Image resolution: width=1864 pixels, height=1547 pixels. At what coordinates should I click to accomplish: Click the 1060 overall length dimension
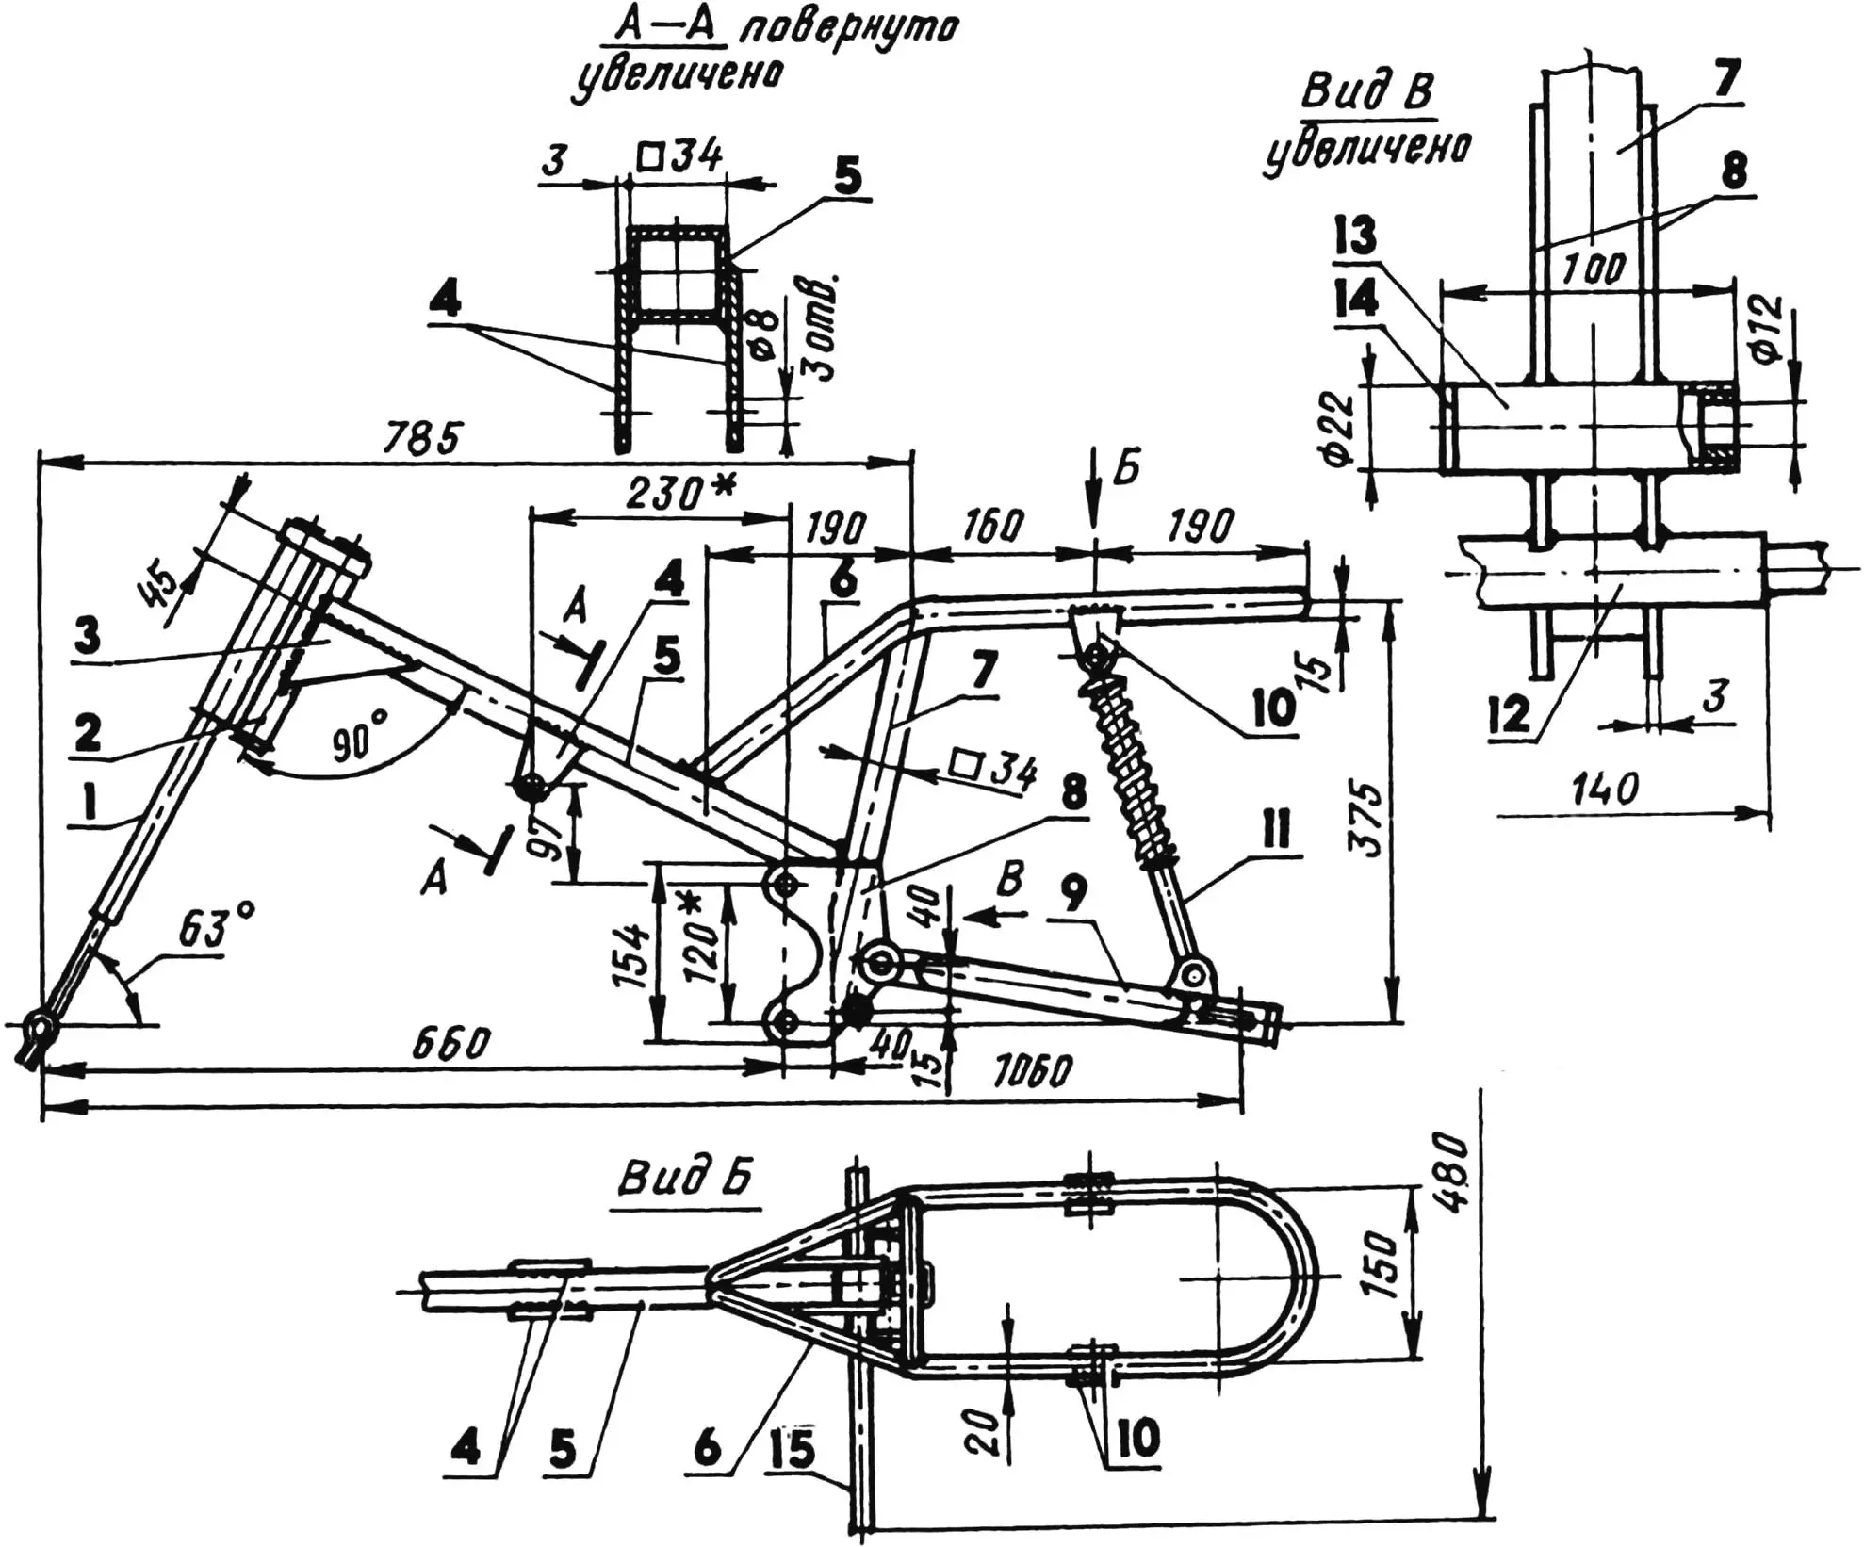1032,1071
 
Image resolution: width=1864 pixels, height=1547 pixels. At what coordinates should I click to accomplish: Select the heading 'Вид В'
1367,92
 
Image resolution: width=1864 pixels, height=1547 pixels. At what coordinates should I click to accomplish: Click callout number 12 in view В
1512,715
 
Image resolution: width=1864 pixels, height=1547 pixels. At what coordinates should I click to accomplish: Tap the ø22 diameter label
1336,429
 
